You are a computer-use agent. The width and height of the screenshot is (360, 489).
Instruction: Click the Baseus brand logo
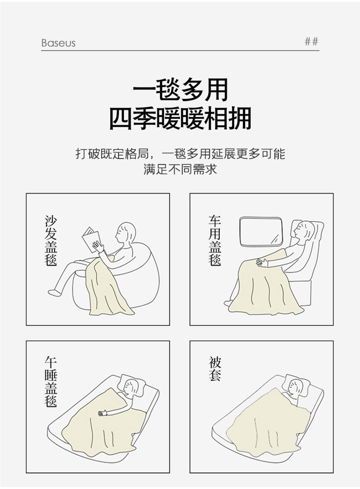point(59,43)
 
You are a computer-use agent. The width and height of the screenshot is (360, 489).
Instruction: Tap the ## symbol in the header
point(312,41)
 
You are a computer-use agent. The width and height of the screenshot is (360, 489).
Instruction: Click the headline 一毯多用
point(180,90)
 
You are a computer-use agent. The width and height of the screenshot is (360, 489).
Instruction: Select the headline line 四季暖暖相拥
point(180,119)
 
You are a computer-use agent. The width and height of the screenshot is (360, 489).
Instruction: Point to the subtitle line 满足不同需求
point(180,169)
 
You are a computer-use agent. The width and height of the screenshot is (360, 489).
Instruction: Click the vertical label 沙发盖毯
point(50,240)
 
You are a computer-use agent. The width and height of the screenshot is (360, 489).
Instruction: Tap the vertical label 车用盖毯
point(215,240)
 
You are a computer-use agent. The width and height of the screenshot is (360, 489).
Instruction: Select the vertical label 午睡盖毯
point(50,382)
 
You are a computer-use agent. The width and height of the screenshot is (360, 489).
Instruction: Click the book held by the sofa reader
point(91,239)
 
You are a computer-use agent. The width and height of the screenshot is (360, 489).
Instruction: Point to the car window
point(261,232)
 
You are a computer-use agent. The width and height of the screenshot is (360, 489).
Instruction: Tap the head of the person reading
point(125,232)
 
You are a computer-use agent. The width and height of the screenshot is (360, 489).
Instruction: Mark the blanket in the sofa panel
point(106,286)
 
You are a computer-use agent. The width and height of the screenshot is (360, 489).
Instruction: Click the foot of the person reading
point(54,293)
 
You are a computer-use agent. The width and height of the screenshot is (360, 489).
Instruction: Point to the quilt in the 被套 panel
point(268,424)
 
